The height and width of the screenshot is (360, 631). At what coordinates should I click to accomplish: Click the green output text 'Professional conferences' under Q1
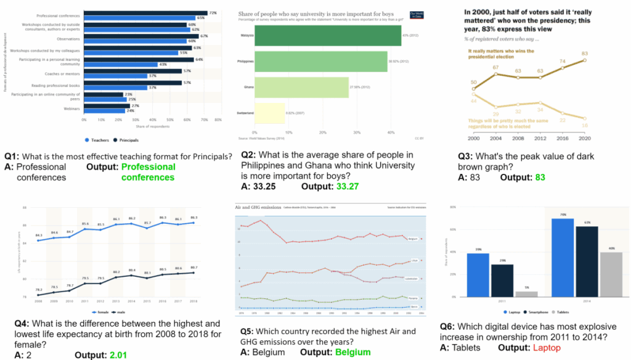point(148,172)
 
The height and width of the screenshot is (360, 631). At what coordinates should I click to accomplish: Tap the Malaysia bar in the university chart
point(327,35)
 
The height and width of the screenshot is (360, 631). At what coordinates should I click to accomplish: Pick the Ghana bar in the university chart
point(301,88)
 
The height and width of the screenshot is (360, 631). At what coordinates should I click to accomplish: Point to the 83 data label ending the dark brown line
point(584,53)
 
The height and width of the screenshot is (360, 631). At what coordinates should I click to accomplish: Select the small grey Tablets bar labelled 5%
point(513,293)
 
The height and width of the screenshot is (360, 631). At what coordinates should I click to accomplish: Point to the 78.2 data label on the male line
point(38,289)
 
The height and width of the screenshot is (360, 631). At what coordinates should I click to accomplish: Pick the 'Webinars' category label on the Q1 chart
point(71,108)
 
